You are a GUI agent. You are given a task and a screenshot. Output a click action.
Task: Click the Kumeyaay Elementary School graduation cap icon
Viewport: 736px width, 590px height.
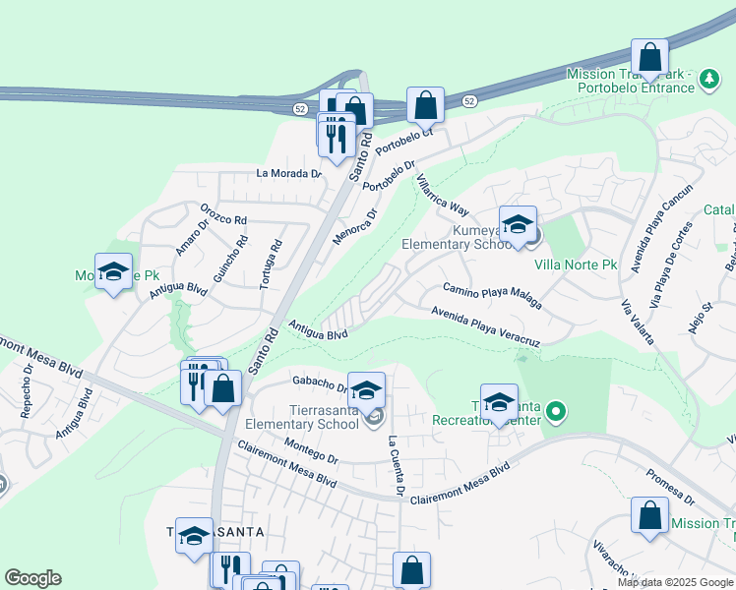(518, 225)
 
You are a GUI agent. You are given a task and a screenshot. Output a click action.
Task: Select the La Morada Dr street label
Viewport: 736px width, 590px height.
(289, 173)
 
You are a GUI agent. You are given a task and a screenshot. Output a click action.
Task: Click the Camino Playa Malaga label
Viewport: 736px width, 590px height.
(492, 295)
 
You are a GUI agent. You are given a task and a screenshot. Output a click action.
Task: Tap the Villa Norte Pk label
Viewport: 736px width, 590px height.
(576, 265)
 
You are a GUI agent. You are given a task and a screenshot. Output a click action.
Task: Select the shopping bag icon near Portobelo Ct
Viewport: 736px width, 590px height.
(425, 105)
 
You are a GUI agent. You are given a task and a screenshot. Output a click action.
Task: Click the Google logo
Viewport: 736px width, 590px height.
(32, 578)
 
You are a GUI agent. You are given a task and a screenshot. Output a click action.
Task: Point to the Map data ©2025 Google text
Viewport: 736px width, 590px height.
(676, 582)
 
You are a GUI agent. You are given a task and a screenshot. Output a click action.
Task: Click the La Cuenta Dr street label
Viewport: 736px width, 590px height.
(397, 465)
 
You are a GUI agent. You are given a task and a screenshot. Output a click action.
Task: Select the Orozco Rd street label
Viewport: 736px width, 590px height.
(223, 213)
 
